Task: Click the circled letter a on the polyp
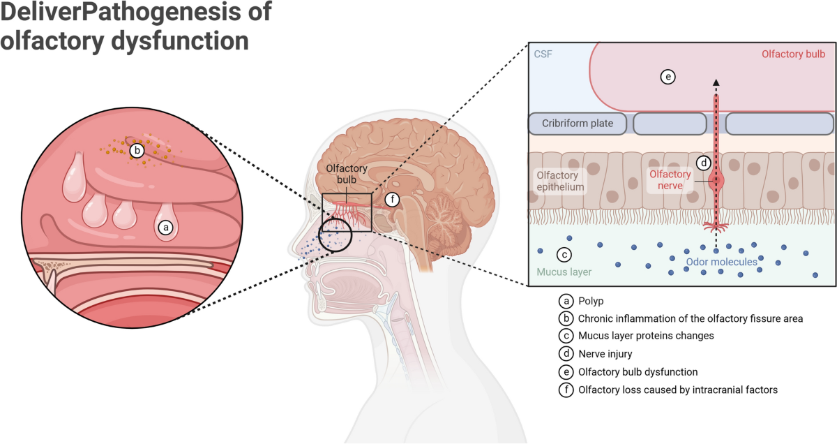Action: click(165, 226)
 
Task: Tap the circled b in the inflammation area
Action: click(137, 149)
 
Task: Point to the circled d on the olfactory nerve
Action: click(704, 163)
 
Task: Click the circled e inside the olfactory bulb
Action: click(668, 77)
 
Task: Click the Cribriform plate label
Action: click(578, 124)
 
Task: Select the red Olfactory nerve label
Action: click(670, 180)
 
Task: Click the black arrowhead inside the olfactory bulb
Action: click(716, 82)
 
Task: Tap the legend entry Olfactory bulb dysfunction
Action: click(638, 371)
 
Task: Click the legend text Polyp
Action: click(591, 301)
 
